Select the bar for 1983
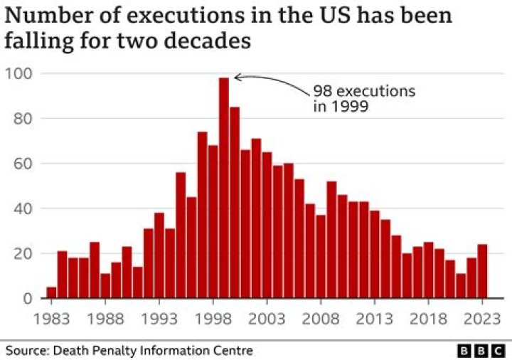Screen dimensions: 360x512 [51, 292]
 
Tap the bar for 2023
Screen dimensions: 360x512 [482, 271]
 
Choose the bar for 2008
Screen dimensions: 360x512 [321, 256]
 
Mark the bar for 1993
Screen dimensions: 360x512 [159, 255]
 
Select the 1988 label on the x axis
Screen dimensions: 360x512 [105, 317]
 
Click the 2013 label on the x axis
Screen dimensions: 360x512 [375, 317]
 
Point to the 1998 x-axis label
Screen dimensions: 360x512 [213, 317]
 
